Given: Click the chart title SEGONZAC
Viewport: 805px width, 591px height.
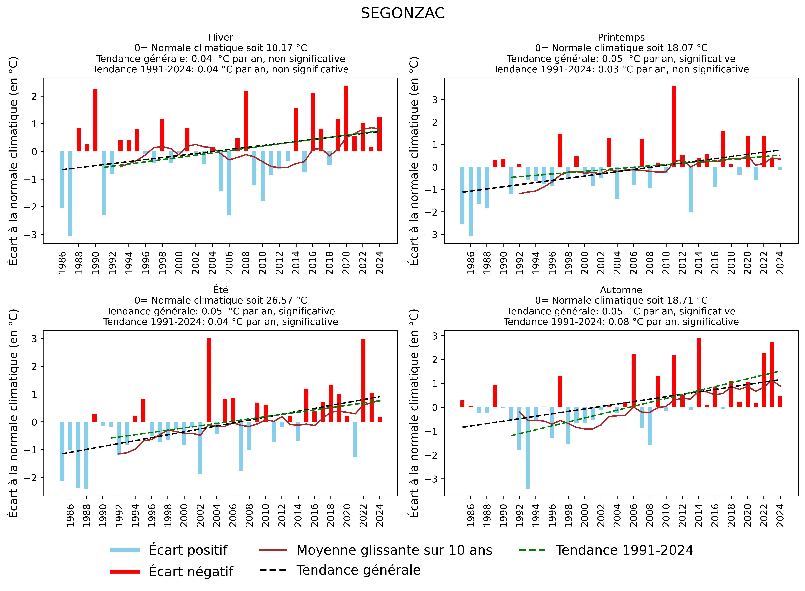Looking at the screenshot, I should pyautogui.click(x=402, y=14).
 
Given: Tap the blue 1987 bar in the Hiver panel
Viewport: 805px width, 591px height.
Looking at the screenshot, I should pyautogui.click(x=70, y=193).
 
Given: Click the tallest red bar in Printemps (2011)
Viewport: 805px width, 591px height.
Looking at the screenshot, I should pyautogui.click(x=674, y=126).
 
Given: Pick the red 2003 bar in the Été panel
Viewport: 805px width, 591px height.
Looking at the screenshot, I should pyautogui.click(x=209, y=380).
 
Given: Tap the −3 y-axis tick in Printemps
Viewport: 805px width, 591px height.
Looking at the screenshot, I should pyautogui.click(x=434, y=235).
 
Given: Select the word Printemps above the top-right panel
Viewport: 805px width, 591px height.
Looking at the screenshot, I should pyautogui.click(x=621, y=37).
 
